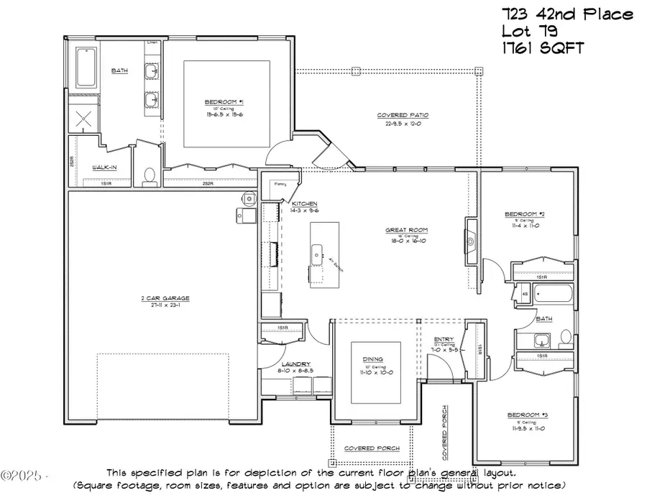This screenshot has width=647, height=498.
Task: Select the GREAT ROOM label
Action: click(406, 231)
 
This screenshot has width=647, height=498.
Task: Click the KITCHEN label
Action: click(304, 204)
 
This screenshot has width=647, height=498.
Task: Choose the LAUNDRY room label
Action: click(295, 364)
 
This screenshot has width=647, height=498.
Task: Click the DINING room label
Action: click(372, 359)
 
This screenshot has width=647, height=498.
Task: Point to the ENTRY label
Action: click(444, 341)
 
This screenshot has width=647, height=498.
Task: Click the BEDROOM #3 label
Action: click(528, 415)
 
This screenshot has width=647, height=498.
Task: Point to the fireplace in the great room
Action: click(471, 241)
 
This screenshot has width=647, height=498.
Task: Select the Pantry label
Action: click(280, 184)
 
